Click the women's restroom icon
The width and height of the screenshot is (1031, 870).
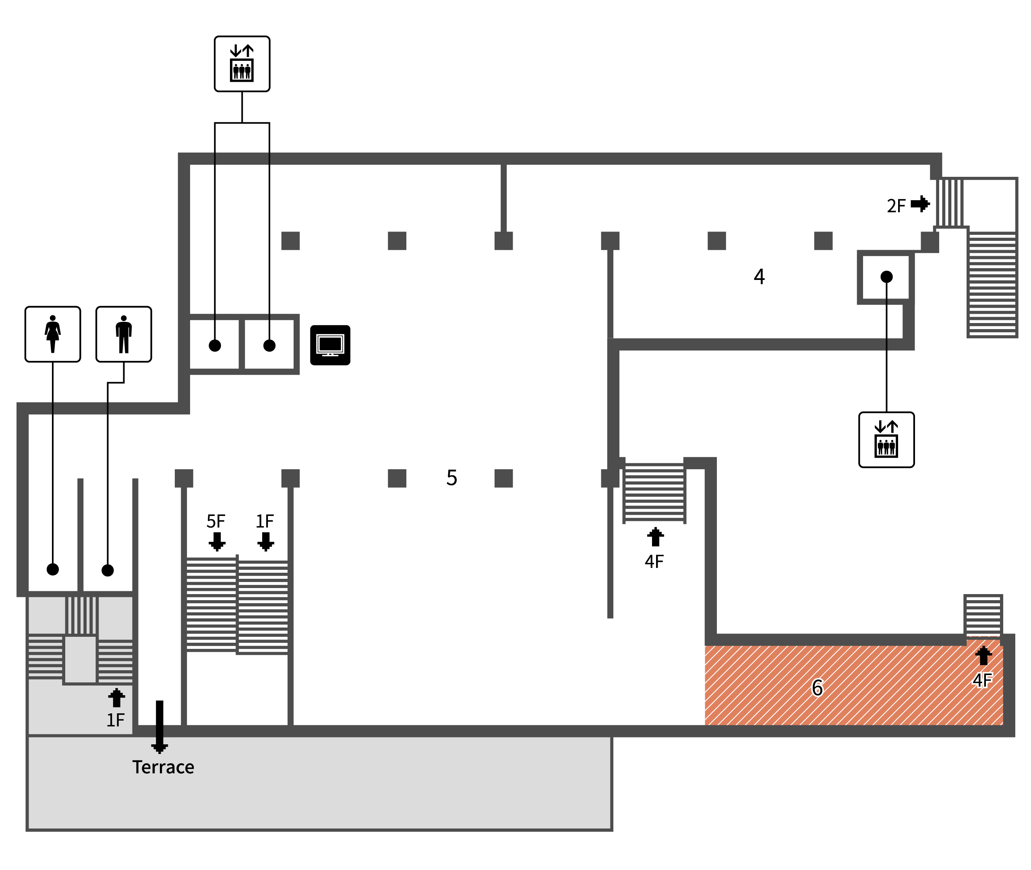coord(53,334)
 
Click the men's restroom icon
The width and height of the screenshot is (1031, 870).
coord(124,334)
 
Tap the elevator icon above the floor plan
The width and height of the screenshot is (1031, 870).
coord(242,64)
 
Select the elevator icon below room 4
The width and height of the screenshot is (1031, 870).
coord(886,440)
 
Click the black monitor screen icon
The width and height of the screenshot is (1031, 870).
coord(330,345)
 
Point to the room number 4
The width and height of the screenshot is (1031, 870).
coord(759,277)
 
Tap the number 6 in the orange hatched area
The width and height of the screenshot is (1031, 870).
coord(817,688)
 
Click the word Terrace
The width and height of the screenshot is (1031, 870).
coord(163,767)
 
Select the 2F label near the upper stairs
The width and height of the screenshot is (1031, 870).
coord(896,206)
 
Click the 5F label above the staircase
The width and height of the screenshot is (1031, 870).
coord(216,521)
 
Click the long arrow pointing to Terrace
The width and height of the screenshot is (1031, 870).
coord(159,727)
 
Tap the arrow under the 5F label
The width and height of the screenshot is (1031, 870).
coord(217,541)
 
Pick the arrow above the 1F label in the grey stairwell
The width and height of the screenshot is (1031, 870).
coord(116,698)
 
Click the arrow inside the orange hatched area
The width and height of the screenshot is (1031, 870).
coord(983,655)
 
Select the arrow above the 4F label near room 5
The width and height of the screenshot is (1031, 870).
coord(655,536)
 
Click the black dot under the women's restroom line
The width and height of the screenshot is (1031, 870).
coord(53,570)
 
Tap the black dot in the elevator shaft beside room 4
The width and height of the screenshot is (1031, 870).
coord(886,277)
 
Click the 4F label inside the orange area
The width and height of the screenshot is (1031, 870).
coord(982,681)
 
